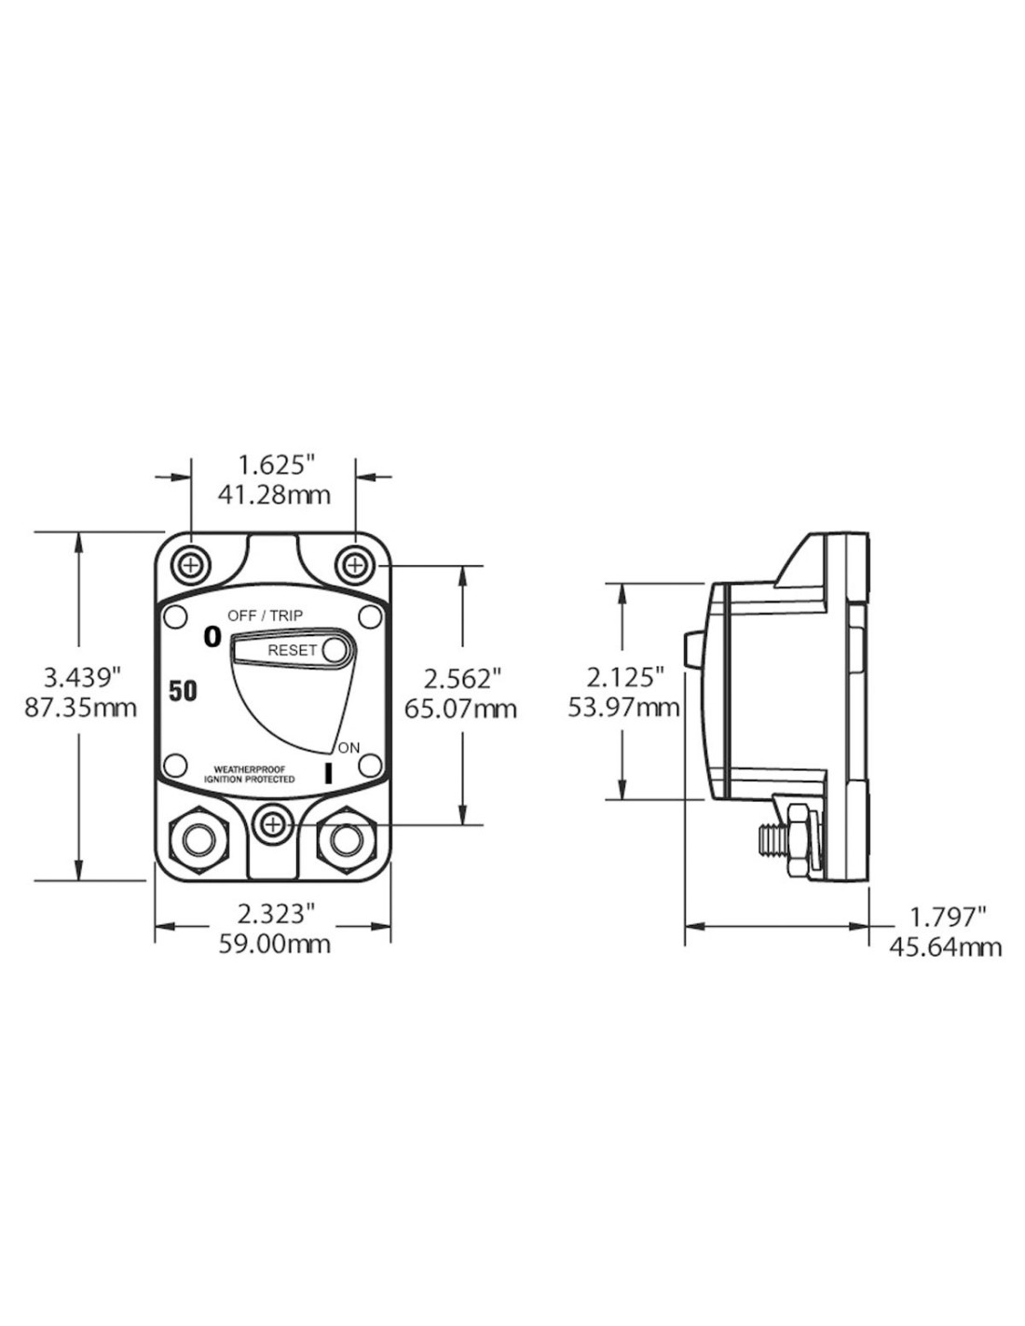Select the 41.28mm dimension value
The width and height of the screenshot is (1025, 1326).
(x=274, y=495)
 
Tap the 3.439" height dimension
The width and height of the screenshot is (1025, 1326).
(x=80, y=678)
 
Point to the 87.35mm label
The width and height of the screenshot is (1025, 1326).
(x=80, y=709)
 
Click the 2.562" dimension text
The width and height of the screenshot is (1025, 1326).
(x=462, y=678)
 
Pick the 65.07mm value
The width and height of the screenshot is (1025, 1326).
(x=461, y=709)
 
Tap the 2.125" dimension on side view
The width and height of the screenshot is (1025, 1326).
(x=624, y=678)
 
